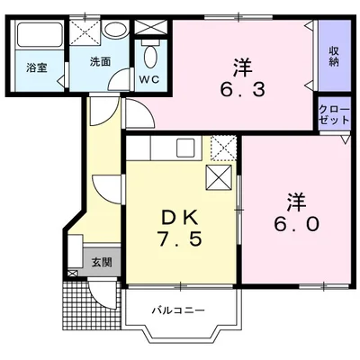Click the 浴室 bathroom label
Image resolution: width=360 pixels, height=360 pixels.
[35, 67]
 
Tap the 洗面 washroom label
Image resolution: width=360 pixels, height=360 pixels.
[100, 62]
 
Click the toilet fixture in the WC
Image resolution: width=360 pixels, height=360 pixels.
[149, 57]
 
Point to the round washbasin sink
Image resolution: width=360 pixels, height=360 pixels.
[114, 31]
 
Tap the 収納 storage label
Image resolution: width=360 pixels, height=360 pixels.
[333, 56]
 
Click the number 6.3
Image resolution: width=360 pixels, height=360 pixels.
[240, 87]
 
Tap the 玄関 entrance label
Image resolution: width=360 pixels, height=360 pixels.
[101, 263]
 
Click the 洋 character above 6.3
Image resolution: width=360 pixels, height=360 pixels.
[240, 64]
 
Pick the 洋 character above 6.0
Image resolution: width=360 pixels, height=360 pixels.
[297, 200]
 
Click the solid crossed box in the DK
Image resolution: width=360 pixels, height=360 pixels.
[219, 177]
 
